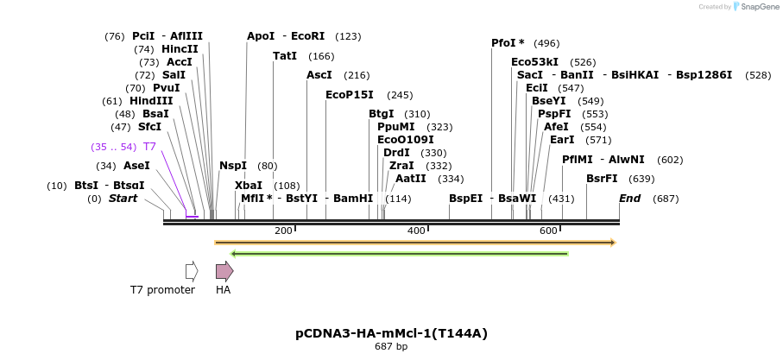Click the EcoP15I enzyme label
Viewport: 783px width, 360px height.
350,95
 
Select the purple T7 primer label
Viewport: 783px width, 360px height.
149,147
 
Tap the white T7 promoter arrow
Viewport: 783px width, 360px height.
192,271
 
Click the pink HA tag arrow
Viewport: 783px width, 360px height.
224,271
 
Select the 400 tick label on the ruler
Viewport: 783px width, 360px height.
416,231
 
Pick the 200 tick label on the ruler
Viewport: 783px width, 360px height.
283,231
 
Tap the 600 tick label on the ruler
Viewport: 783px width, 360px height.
549,231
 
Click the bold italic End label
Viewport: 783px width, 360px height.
630,199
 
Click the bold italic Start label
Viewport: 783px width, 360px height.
123,199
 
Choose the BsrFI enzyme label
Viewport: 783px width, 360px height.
602,179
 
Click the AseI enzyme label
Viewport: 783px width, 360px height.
136,166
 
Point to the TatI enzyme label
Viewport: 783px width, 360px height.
285,56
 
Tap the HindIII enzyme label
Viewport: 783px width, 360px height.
151,101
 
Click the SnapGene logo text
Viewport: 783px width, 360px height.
755,7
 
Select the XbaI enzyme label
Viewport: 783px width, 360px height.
249,186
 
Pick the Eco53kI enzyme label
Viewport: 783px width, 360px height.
534,62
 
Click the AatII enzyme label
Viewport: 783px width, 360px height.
410,179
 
